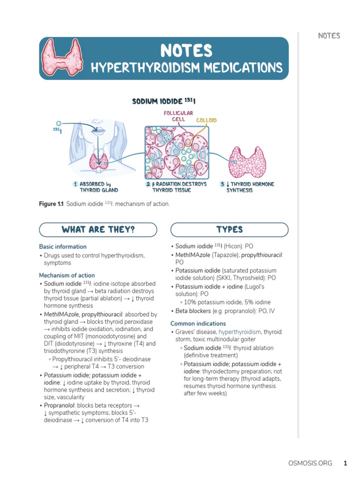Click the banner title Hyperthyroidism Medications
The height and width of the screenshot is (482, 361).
(x=187, y=68)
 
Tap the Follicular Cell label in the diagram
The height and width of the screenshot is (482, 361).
(x=178, y=116)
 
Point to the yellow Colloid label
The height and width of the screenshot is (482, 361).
(x=206, y=120)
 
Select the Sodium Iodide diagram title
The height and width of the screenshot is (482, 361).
(x=164, y=101)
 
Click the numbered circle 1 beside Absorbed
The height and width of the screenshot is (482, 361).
(x=75, y=184)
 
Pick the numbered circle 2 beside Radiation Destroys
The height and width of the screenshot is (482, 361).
(x=148, y=184)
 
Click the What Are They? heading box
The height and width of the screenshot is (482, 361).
(x=98, y=230)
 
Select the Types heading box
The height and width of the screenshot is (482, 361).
(x=229, y=230)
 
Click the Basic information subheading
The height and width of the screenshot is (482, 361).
(x=63, y=247)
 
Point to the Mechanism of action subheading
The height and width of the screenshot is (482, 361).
(x=67, y=275)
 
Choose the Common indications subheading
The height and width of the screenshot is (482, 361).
(x=198, y=323)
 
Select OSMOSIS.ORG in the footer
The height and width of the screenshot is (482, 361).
(x=310, y=463)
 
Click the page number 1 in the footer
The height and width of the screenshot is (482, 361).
(x=345, y=463)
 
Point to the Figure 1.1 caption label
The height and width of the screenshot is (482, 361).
(x=51, y=204)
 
